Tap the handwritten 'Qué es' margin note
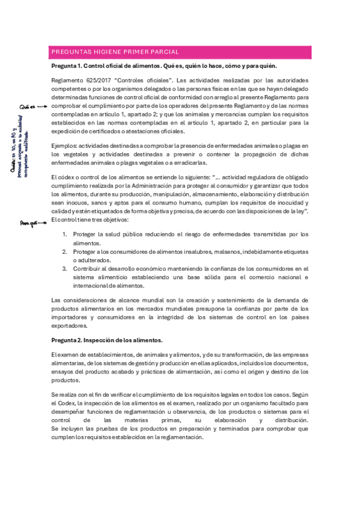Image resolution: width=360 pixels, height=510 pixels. (x=28, y=106)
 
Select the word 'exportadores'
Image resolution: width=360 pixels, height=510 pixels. (x=69, y=325)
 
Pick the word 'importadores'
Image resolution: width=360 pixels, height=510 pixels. (x=69, y=317)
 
